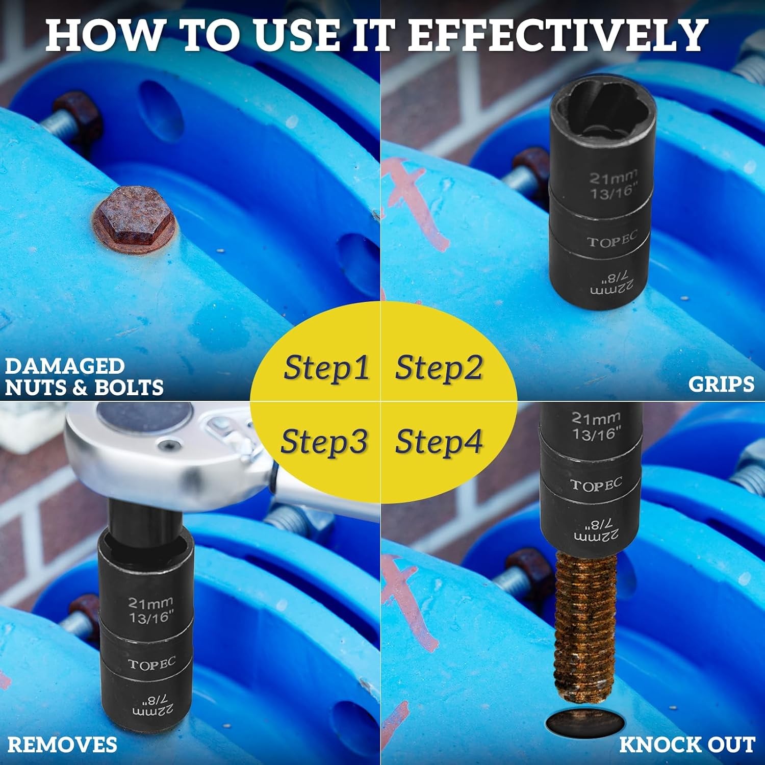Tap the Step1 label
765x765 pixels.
[326, 368]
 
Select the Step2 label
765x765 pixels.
[439, 368]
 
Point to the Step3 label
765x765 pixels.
[324, 441]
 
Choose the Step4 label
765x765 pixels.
[439, 441]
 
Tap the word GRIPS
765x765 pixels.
[721, 384]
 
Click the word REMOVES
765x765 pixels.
[62, 745]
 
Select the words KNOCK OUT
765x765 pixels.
[687, 745]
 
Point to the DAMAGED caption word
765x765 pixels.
[65, 366]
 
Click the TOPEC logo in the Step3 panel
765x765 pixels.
[151, 664]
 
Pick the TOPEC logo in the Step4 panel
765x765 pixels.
[596, 485]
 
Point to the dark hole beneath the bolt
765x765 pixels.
[585, 722]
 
